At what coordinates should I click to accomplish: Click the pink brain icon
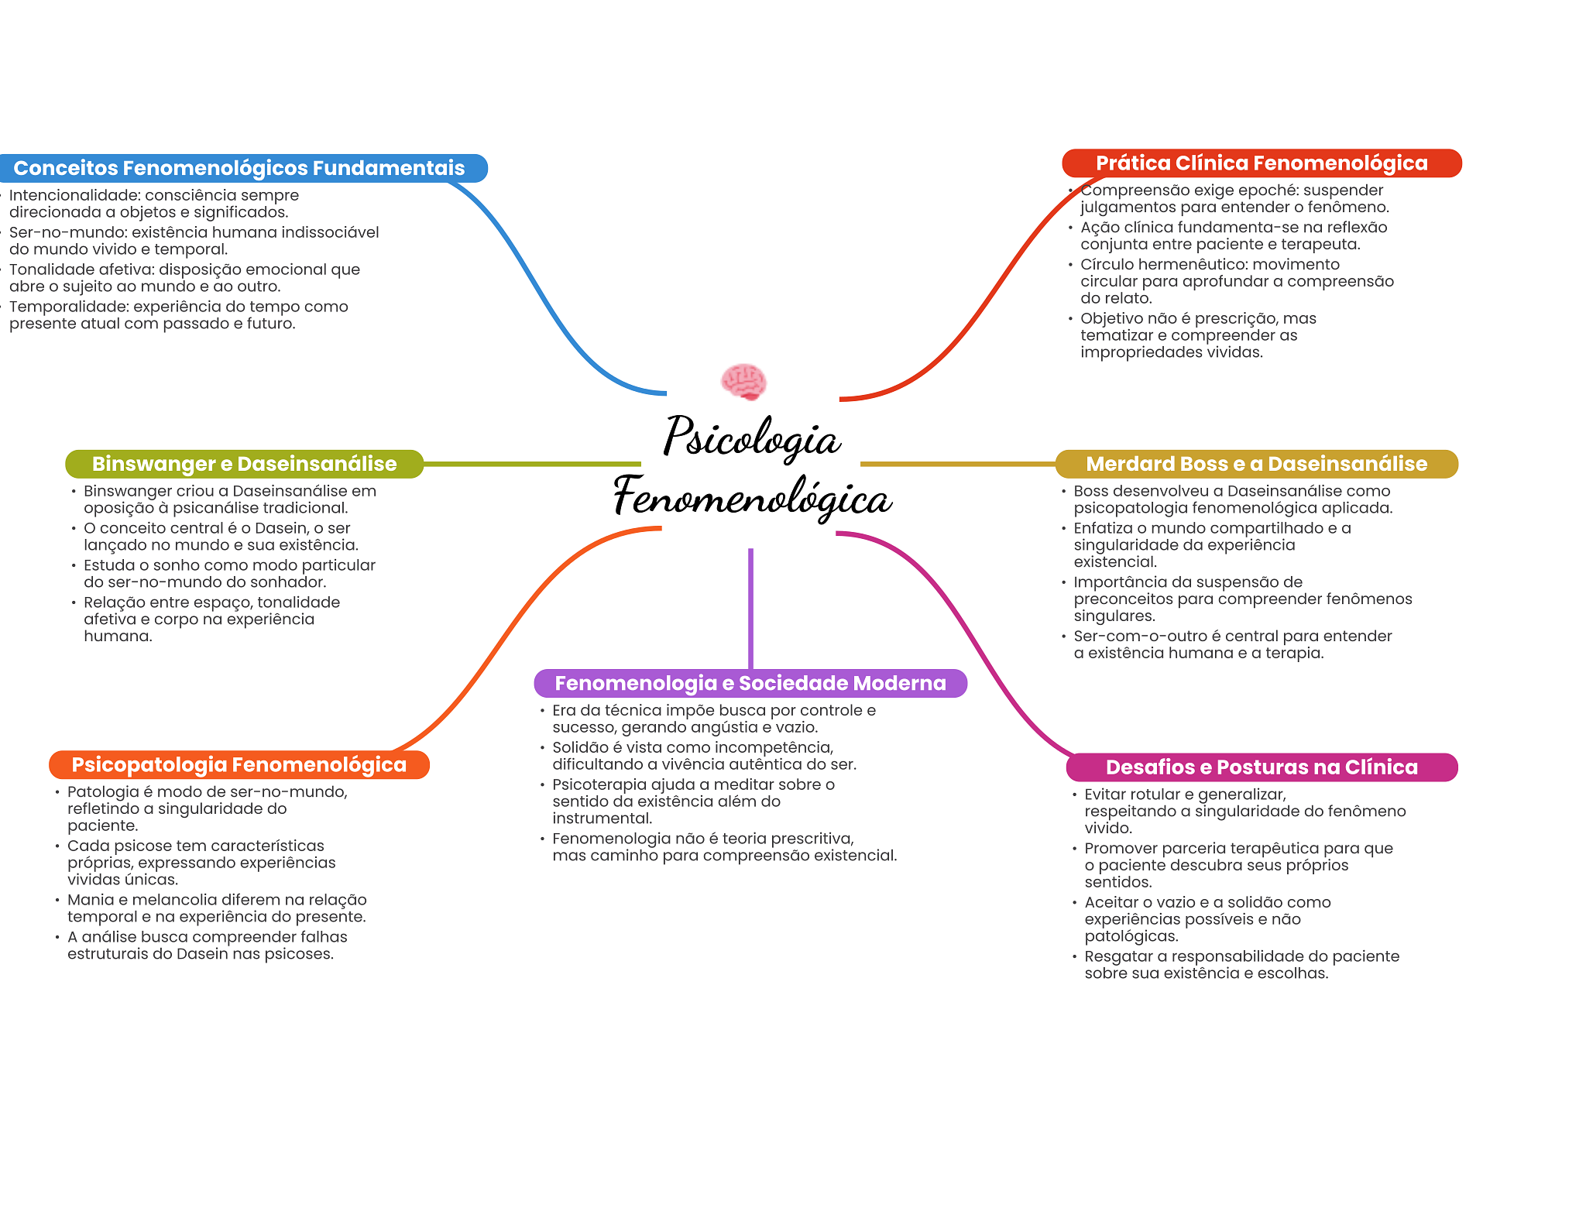743,381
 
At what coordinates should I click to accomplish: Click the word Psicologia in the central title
751,438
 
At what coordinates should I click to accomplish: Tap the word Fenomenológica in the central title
752,496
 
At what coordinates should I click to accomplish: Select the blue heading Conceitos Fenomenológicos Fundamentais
239,168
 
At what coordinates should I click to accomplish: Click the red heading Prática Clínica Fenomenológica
1262,163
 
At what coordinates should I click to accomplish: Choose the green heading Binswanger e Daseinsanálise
244,464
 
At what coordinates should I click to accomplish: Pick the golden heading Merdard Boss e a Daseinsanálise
1256,464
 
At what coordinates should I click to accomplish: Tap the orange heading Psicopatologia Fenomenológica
239,765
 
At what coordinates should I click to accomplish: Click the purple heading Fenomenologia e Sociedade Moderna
750,683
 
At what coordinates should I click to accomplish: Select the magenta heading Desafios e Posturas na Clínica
1262,767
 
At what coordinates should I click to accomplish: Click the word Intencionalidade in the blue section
74,195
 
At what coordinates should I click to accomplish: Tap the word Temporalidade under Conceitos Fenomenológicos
68,307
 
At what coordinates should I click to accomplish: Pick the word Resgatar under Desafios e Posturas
1118,956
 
